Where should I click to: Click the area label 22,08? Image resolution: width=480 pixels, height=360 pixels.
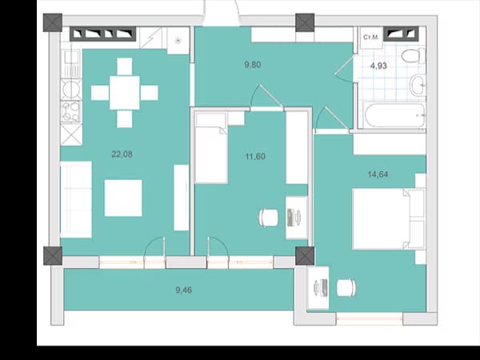click(122, 154)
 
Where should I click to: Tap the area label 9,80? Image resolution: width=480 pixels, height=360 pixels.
click(253, 65)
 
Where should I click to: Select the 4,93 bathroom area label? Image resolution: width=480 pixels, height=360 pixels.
click(378, 66)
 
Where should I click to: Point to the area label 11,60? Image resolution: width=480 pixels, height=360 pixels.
click(255, 157)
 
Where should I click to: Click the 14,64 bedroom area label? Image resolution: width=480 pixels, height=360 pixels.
click(378, 174)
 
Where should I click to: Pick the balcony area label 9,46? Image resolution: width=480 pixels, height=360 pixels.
click(184, 290)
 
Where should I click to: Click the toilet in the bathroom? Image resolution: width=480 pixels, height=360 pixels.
click(414, 56)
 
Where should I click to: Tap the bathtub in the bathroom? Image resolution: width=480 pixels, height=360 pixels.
click(394, 115)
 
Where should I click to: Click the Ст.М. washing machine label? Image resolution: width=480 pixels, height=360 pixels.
click(370, 38)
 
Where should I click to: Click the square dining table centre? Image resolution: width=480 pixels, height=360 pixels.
click(125, 93)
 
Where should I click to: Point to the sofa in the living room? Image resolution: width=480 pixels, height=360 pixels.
click(76, 199)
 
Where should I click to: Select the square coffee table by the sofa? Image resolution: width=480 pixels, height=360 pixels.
click(123, 198)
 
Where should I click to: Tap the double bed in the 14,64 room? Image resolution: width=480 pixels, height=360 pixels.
click(389, 219)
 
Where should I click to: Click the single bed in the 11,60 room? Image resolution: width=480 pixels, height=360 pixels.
click(211, 148)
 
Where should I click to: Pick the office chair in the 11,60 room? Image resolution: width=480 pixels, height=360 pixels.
click(269, 218)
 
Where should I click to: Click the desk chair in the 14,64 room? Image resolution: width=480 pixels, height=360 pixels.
click(346, 288)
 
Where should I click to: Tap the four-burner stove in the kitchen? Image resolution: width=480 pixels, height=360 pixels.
click(71, 112)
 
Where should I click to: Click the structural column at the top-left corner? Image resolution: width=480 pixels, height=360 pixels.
click(53, 22)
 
